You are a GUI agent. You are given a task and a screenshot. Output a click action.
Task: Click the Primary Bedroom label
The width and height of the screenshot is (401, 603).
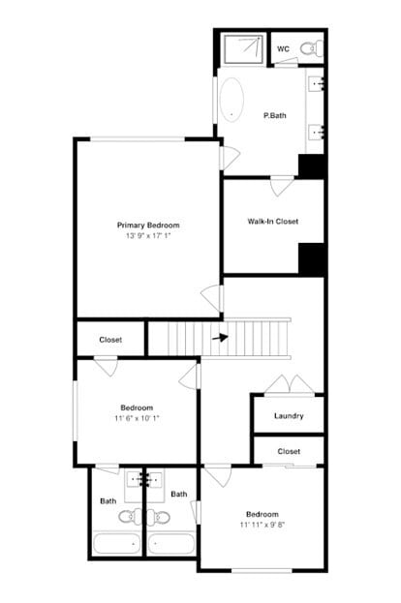(x=148, y=225)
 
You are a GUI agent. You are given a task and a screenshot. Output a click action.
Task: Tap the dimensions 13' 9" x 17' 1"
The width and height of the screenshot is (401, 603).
(x=148, y=236)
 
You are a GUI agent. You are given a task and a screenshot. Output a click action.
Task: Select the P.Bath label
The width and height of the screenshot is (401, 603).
(x=275, y=116)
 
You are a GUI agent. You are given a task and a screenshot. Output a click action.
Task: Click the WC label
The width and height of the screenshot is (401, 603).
(x=284, y=48)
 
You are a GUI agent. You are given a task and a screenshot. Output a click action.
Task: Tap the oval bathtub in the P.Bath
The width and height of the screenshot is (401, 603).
(x=232, y=99)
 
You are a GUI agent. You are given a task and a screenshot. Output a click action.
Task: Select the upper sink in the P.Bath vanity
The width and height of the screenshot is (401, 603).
(x=317, y=85)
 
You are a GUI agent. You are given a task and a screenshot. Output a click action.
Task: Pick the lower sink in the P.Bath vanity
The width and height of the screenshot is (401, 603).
(x=317, y=132)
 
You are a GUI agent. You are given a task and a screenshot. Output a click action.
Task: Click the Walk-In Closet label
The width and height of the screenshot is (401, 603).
(x=272, y=222)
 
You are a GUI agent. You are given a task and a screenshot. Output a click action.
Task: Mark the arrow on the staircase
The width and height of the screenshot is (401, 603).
(x=220, y=338)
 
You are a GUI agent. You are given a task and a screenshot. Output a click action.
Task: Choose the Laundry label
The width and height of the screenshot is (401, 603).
(x=289, y=416)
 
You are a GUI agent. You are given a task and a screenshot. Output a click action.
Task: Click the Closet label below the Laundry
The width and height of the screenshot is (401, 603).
(x=289, y=451)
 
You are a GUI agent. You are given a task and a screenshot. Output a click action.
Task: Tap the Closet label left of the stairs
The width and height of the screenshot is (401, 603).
(x=110, y=340)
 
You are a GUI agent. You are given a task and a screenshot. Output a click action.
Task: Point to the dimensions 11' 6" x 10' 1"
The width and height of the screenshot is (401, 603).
(x=137, y=419)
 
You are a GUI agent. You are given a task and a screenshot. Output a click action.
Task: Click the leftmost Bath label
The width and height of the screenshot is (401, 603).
(x=108, y=500)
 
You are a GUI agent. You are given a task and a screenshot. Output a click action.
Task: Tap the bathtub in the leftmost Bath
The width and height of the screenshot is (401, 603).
(x=116, y=544)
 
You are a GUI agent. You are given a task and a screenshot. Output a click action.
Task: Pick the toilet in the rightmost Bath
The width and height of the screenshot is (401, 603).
(x=160, y=516)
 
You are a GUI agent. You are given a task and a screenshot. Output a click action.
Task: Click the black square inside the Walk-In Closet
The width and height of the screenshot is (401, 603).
(x=311, y=258)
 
